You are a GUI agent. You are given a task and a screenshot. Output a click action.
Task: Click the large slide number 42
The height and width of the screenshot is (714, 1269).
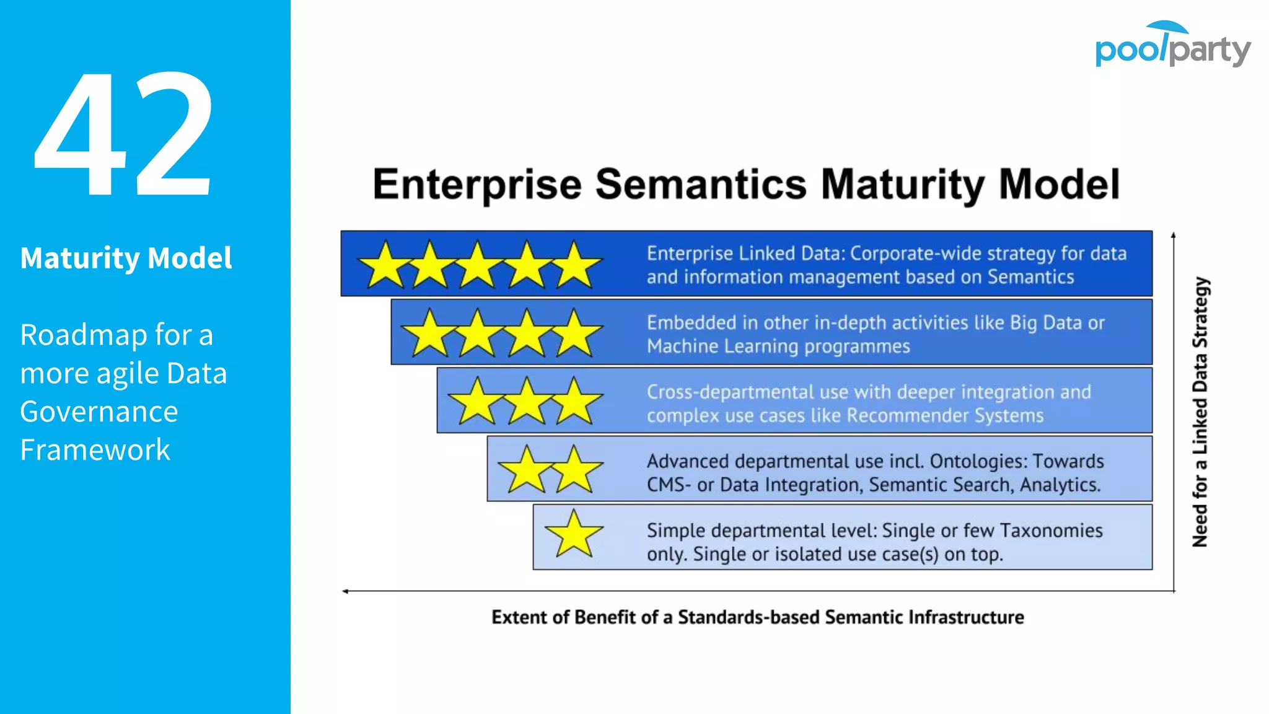pos(124,133)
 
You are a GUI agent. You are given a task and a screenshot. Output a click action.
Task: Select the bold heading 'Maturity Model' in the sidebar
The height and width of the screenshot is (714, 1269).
pos(126,258)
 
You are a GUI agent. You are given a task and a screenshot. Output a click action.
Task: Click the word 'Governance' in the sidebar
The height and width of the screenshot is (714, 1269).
pos(99,412)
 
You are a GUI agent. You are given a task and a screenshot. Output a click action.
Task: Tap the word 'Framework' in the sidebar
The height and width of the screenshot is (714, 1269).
pos(95,450)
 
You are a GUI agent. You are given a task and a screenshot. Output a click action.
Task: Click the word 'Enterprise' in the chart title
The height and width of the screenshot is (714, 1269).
pos(477,185)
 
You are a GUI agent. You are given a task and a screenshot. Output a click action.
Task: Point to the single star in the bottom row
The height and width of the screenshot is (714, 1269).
pos(574,534)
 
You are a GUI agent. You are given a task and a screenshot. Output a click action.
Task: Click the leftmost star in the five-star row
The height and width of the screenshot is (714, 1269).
pos(385,266)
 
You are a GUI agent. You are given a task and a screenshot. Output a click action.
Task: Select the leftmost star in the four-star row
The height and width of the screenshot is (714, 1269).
pos(429,334)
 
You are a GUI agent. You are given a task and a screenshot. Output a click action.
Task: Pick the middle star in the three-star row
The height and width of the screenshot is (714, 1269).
pos(527,402)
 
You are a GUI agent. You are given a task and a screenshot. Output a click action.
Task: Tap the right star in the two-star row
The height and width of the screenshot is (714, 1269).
pos(575,470)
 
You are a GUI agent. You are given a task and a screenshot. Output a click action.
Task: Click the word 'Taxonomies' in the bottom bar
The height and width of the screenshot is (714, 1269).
pos(1051,531)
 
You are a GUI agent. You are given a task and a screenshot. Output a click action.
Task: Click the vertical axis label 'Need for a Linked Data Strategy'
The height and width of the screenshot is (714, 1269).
pos(1200,412)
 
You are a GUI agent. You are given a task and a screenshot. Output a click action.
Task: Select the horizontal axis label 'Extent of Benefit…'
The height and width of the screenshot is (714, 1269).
pos(757,617)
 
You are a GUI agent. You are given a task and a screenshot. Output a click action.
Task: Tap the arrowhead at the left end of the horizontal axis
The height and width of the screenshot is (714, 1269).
pos(345,591)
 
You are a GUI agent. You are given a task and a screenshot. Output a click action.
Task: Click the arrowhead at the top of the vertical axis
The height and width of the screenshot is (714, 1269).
pos(1173,236)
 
